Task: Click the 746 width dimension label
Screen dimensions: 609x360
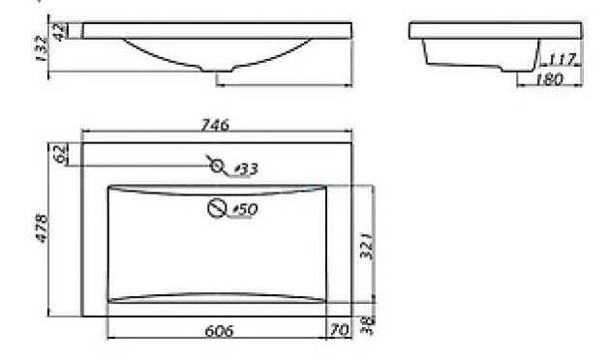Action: click(x=214, y=125)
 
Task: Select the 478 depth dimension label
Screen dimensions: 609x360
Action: click(x=42, y=228)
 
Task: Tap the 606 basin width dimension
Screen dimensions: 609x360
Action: click(x=219, y=331)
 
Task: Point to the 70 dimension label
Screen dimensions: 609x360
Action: click(x=339, y=330)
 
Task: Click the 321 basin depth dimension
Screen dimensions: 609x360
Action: click(x=366, y=246)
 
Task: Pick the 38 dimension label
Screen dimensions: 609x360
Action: click(x=367, y=325)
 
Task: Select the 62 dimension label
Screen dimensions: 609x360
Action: click(x=60, y=154)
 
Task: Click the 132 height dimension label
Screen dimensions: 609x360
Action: click(x=42, y=48)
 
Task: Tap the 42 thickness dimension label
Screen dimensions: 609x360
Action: click(x=59, y=32)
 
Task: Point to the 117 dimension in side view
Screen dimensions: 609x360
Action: click(x=562, y=59)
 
